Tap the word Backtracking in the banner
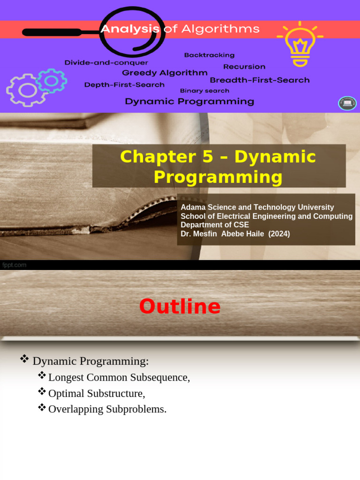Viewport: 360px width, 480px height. coord(209,55)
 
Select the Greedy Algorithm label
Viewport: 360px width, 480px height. coord(165,73)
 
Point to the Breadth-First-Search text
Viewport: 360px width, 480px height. coord(259,80)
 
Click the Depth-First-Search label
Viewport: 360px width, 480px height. coord(124,85)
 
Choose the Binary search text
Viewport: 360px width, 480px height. coord(204,91)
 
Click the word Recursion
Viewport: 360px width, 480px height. coord(244,67)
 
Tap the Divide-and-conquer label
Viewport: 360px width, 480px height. coord(106,62)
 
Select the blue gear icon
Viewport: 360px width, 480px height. coord(51,81)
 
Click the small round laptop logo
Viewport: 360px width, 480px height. coord(347,103)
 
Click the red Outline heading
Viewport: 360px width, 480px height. coord(180,307)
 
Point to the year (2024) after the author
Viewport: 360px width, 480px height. coord(279,233)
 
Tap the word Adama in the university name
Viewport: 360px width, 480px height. coord(192,207)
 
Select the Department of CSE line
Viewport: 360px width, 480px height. coord(215,225)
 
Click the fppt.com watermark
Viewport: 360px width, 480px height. coord(14,265)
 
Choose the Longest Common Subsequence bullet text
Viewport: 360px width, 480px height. coord(119,378)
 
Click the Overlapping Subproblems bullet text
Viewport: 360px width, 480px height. coord(107,409)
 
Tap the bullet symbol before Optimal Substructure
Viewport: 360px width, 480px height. coord(42,391)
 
